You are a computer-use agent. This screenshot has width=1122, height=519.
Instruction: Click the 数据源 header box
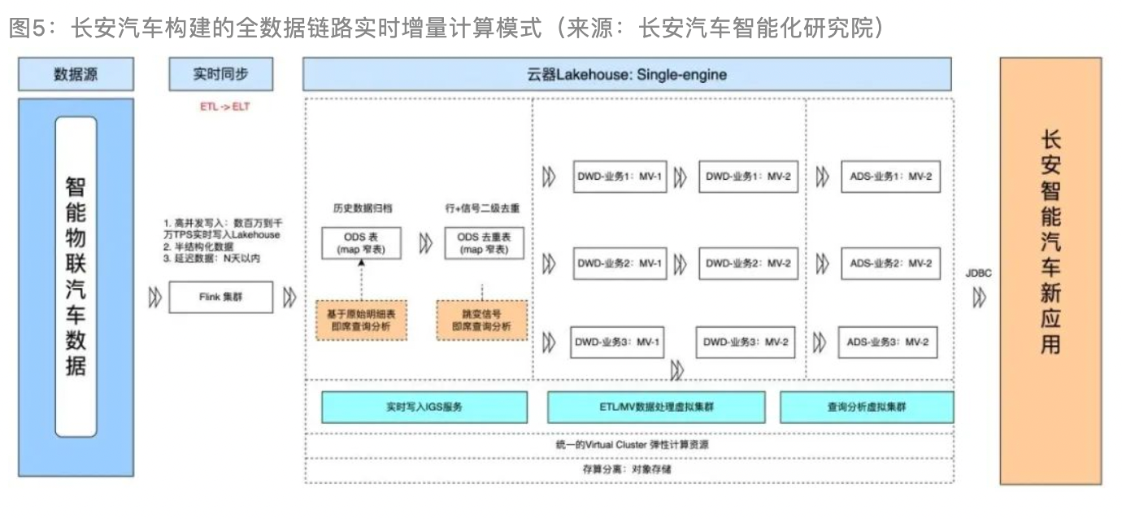pos(76,74)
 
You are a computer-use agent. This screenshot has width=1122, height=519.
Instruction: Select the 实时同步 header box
pos(220,74)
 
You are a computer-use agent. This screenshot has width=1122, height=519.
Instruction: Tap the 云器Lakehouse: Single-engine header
pos(626,75)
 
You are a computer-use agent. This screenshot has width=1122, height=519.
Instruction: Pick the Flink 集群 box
pos(220,297)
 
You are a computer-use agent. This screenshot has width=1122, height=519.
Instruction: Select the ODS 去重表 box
pos(484,243)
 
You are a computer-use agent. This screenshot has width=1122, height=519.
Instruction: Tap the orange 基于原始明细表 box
pos(360,320)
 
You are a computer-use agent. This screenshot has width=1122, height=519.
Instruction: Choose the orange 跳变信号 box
pos(481,320)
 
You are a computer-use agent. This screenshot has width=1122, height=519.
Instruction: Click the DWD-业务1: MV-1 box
pos(620,177)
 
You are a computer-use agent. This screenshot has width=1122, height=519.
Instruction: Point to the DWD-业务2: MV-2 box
pos(748,263)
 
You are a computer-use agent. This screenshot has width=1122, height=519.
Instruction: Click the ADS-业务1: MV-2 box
pos(890,177)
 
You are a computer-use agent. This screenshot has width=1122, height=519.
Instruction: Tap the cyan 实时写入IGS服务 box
pos(424,407)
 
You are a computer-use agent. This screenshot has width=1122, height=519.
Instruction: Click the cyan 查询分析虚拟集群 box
pos(866,407)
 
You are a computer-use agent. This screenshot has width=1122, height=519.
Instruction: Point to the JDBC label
pos(978,273)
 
